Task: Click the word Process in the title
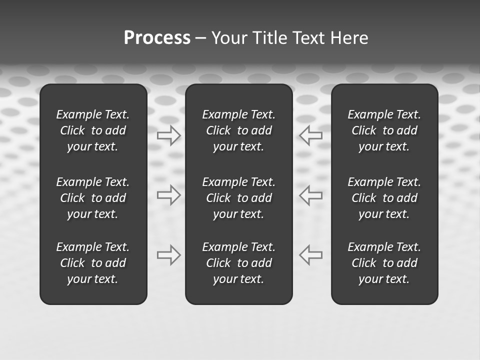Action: pyautogui.click(x=157, y=38)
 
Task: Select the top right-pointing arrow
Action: pyautogui.click(x=169, y=135)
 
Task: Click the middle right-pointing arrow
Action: pyautogui.click(x=169, y=194)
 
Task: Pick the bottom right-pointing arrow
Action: pyautogui.click(x=169, y=255)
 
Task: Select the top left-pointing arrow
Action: pyautogui.click(x=311, y=135)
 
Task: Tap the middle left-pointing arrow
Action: pyautogui.click(x=311, y=194)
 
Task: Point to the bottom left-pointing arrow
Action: pyautogui.click(x=311, y=254)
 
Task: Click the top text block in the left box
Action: pyautogui.click(x=93, y=130)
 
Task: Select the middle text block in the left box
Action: pyautogui.click(x=93, y=198)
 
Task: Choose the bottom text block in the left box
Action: pyautogui.click(x=93, y=263)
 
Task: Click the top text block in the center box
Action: pyautogui.click(x=239, y=130)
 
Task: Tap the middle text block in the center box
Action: pyautogui.click(x=239, y=198)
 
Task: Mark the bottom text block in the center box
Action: pyautogui.click(x=239, y=263)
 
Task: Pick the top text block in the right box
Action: pyautogui.click(x=384, y=130)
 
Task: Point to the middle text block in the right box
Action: pyautogui.click(x=384, y=198)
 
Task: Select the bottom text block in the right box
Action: pyautogui.click(x=384, y=263)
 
